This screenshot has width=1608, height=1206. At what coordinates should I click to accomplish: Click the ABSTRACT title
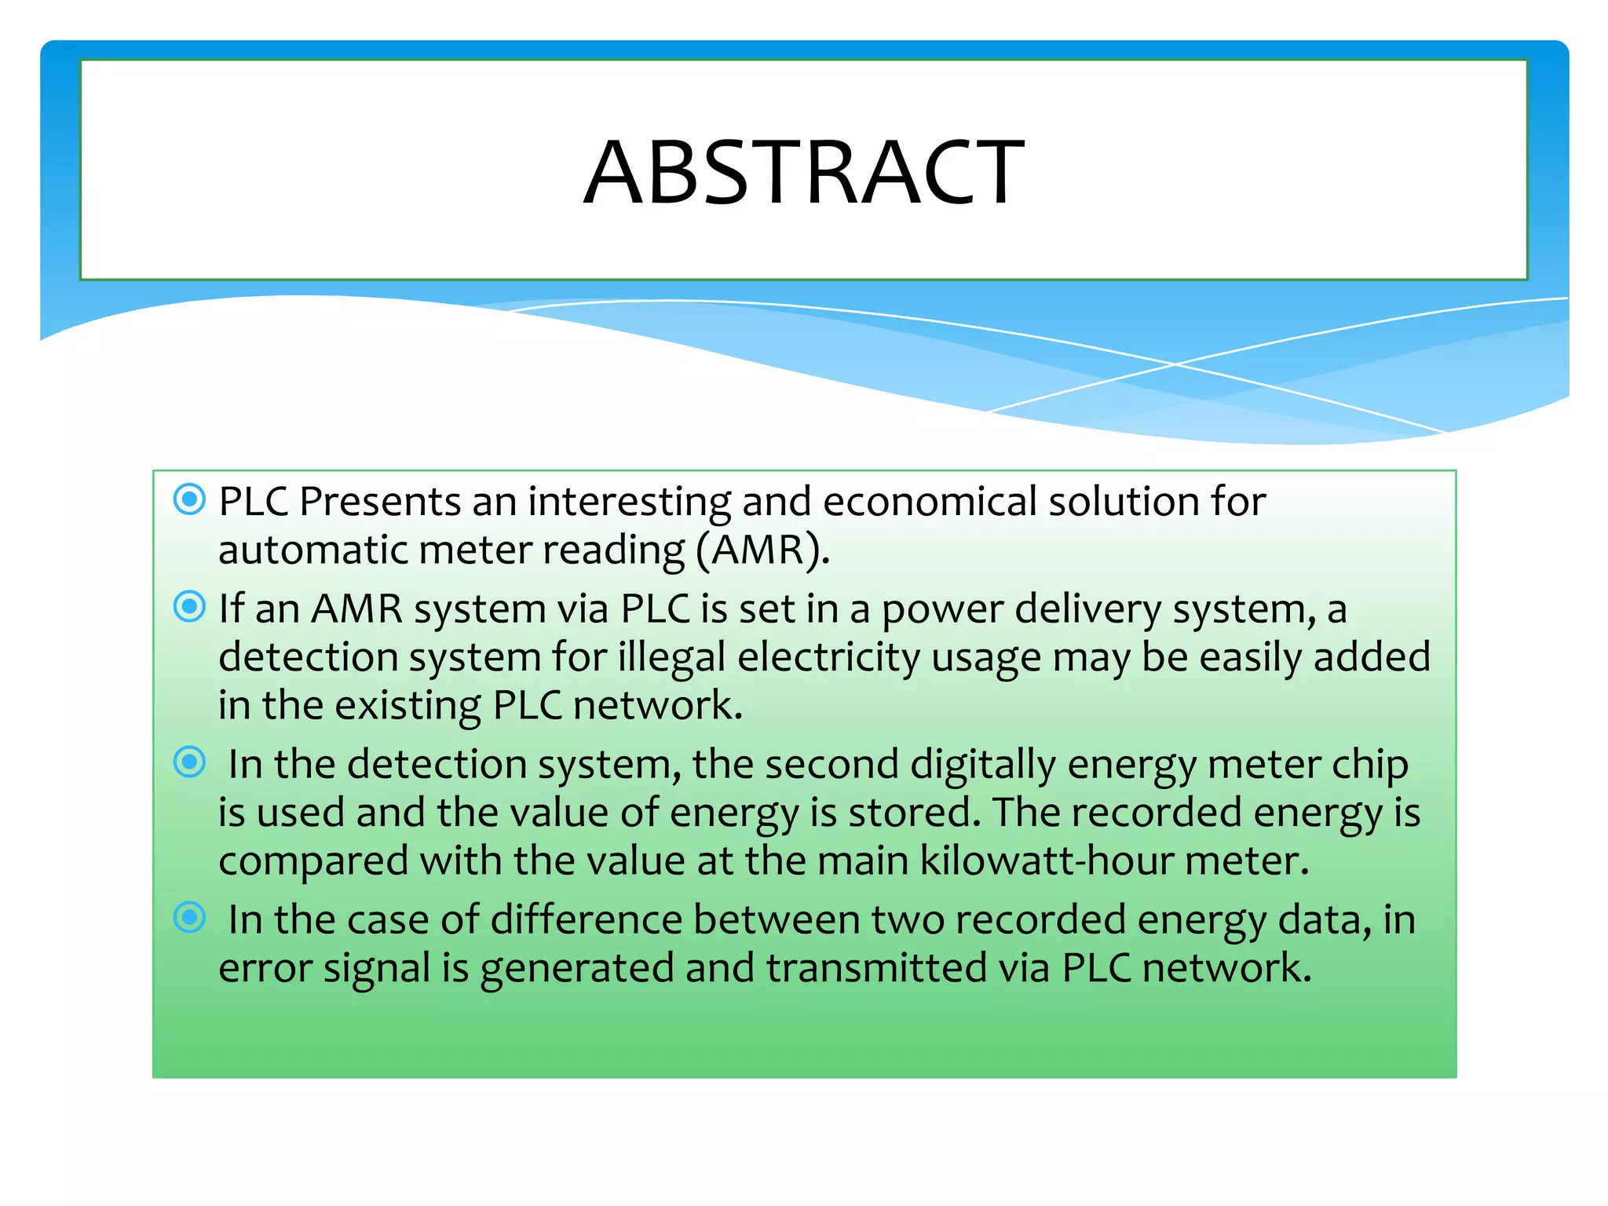click(803, 172)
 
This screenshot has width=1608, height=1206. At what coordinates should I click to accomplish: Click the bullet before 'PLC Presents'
click(189, 499)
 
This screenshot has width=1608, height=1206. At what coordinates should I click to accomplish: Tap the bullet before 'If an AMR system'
click(189, 606)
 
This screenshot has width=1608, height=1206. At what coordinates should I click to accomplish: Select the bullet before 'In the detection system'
click(189, 762)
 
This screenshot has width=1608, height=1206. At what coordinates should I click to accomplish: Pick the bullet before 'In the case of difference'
click(189, 917)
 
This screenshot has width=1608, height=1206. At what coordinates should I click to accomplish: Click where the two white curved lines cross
click(1175, 364)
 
